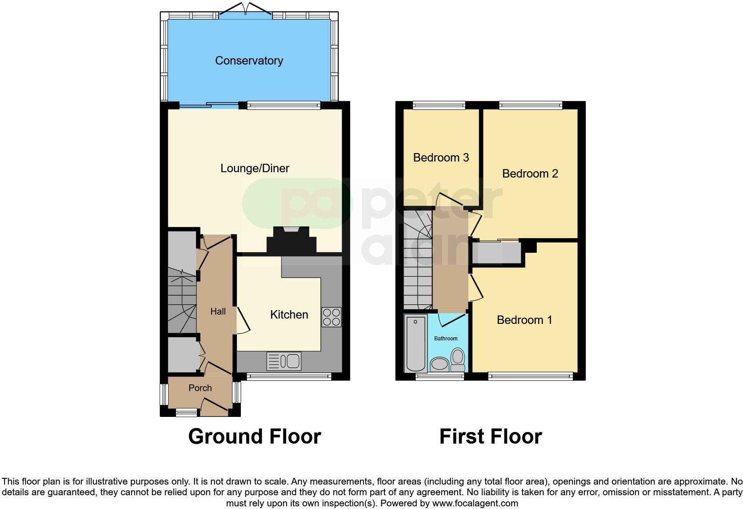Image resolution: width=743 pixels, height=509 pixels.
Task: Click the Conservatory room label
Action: click(249, 61)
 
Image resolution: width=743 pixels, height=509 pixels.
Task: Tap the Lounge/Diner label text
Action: click(255, 168)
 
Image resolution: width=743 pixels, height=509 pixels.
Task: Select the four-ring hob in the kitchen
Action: click(332, 317)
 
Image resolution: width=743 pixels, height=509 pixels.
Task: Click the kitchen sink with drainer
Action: click(284, 361)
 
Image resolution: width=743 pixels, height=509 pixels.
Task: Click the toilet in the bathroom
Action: click(457, 360)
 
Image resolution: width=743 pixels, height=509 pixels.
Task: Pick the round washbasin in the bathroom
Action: click(440, 364)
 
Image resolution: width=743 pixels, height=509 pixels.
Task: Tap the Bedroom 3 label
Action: click(441, 158)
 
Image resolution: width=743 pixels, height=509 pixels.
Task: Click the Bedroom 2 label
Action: click(530, 174)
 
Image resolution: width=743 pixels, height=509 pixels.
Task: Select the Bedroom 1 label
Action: click(524, 320)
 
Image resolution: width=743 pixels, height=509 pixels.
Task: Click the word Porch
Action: click(200, 388)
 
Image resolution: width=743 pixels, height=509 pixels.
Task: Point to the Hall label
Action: click(218, 311)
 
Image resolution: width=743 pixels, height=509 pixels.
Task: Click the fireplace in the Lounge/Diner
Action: click(291, 240)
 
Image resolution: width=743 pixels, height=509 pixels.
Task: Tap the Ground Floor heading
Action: click(254, 436)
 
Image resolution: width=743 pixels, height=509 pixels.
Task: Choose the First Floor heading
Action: click(491, 436)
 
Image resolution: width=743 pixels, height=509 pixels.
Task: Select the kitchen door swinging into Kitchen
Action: click(243, 320)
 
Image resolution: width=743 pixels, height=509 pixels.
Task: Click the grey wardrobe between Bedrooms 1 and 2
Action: click(496, 253)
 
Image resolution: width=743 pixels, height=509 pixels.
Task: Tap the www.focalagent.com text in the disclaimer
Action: click(475, 504)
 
